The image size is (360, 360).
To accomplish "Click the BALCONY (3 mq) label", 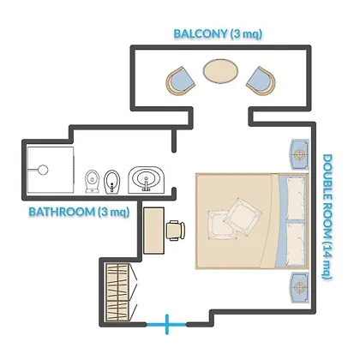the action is pyautogui.click(x=218, y=33).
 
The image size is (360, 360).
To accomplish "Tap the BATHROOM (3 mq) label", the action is pyautogui.click(x=79, y=212).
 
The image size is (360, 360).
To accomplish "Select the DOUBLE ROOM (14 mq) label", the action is pyautogui.click(x=327, y=217).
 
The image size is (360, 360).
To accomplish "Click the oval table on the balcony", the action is pyautogui.click(x=220, y=71).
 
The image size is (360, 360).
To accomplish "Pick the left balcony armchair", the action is pyautogui.click(x=180, y=81).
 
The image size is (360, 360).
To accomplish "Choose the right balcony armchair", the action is pyautogui.click(x=261, y=81).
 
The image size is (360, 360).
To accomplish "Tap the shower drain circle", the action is pyautogui.click(x=43, y=170).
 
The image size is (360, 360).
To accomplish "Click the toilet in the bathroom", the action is pyautogui.click(x=93, y=181).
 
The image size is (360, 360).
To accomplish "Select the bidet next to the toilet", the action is pyautogui.click(x=112, y=182).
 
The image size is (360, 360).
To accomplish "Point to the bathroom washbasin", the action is pyautogui.click(x=147, y=180).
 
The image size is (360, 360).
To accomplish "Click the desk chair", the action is pyautogui.click(x=176, y=231).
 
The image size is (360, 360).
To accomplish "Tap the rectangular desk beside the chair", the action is pyautogui.click(x=153, y=231).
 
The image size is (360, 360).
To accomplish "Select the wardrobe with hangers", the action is pyautogui.click(x=117, y=292).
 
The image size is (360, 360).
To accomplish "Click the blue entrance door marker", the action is pyautogui.click(x=166, y=324).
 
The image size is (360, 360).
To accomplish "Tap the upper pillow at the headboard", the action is pyautogui.click(x=296, y=199).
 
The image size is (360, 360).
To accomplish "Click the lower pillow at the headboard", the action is pyautogui.click(x=296, y=243).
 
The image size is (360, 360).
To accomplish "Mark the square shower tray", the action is pyautogui.click(x=51, y=170).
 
